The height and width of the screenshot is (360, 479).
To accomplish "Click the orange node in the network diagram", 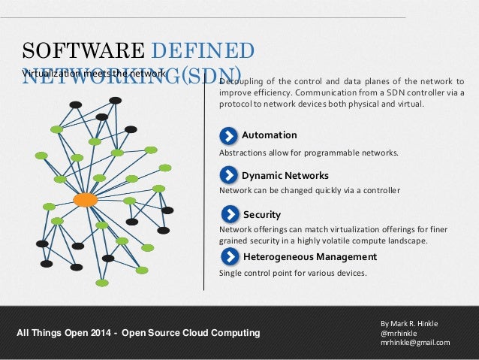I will (x=85, y=200).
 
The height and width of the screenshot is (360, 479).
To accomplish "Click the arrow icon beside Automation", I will (x=228, y=135).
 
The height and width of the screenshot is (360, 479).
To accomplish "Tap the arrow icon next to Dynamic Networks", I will (x=228, y=175).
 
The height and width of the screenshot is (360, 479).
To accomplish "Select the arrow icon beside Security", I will (x=228, y=215).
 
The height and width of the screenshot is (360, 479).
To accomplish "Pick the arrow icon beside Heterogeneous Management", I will (x=228, y=257).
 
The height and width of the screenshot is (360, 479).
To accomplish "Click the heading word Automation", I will (x=269, y=135).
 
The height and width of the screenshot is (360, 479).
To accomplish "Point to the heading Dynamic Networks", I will (x=285, y=176).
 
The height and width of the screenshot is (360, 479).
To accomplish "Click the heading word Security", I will (x=261, y=215).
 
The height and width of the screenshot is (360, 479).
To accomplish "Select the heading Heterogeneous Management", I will (x=310, y=257).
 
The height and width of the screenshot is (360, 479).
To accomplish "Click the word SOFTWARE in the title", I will (x=83, y=51).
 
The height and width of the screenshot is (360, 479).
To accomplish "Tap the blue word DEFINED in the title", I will (x=202, y=51).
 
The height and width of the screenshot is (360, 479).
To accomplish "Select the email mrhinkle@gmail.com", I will (x=415, y=343).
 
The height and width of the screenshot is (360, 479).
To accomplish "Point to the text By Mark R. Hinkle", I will (x=409, y=323).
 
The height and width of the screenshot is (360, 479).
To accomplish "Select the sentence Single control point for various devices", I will (x=293, y=273).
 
